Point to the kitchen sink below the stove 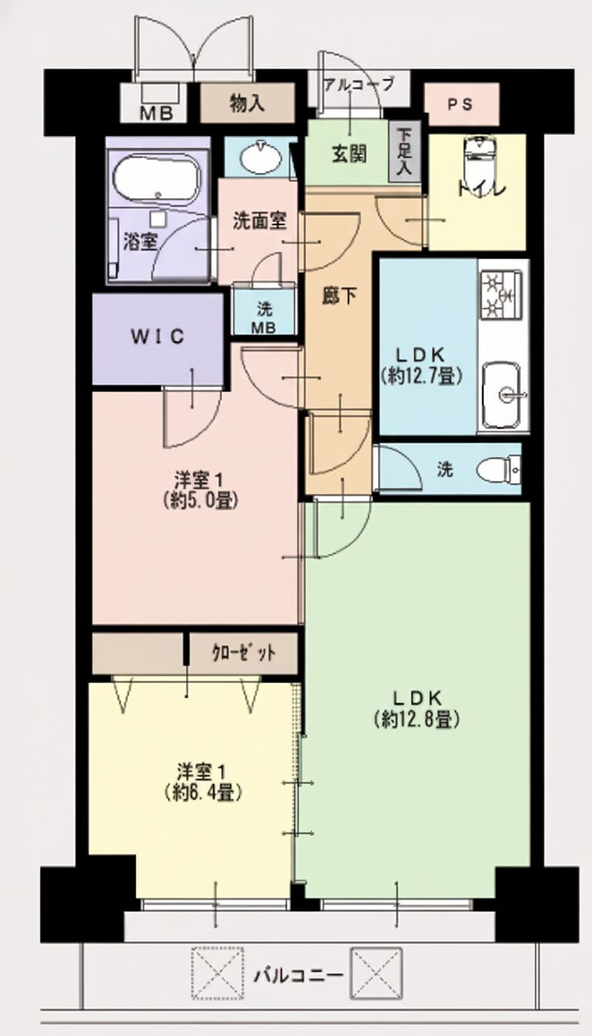click(503, 395)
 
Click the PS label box click(462, 104)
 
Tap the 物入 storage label click(247, 103)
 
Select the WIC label click(157, 337)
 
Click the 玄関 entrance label click(349, 153)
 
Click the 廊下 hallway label click(338, 295)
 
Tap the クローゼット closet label click(243, 654)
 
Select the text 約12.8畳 click(417, 719)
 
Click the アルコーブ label click(358, 84)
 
